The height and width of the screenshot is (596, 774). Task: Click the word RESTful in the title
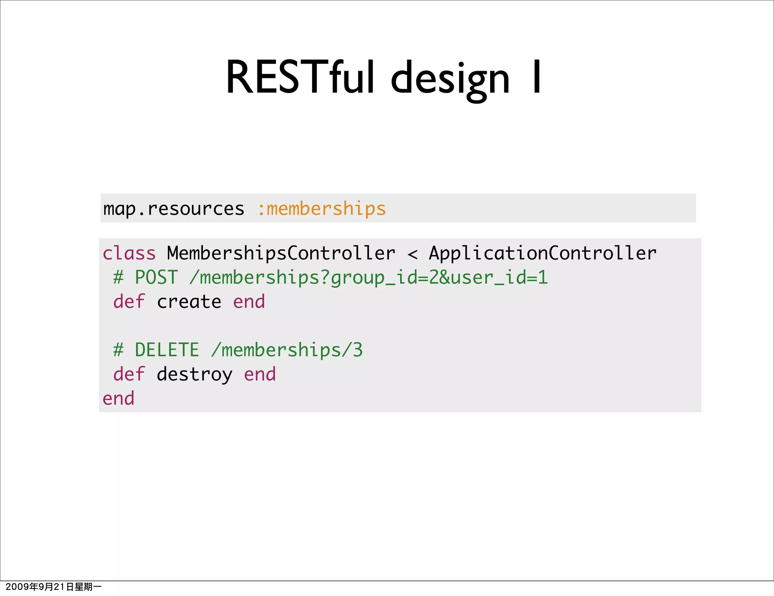[300, 78]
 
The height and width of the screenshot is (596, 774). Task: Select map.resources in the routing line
[174, 209]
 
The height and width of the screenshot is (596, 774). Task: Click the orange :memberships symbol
[322, 209]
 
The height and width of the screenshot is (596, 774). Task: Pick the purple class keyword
[129, 253]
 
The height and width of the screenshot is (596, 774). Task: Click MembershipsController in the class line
[281, 253]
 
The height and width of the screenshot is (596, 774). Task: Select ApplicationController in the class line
[543, 253]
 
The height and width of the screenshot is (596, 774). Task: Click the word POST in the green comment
[156, 278]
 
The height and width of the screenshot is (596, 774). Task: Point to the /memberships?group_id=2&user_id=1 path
[368, 278]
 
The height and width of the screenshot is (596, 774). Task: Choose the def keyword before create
[129, 302]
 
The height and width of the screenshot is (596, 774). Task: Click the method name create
[189, 302]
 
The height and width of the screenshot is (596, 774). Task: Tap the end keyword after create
[249, 302]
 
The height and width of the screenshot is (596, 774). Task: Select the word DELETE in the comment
[167, 350]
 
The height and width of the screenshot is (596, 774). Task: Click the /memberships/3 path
[287, 350]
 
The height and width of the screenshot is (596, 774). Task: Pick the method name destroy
[195, 375]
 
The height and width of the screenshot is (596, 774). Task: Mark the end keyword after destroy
[260, 374]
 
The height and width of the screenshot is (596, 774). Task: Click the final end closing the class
[119, 399]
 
